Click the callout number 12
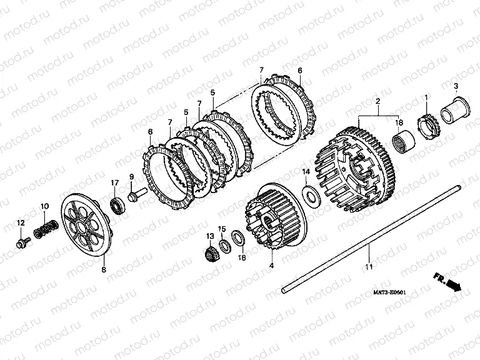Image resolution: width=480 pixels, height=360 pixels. click(21, 224)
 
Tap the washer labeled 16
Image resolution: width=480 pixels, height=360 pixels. click(238, 237)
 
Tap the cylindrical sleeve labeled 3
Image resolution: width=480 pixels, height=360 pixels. click(453, 112)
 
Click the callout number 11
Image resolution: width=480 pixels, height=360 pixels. click(369, 267)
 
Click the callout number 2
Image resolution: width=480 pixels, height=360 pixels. click(377, 101)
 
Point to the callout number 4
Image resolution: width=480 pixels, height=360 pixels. click(271, 266)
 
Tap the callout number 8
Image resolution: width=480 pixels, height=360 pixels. click(104, 269)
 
